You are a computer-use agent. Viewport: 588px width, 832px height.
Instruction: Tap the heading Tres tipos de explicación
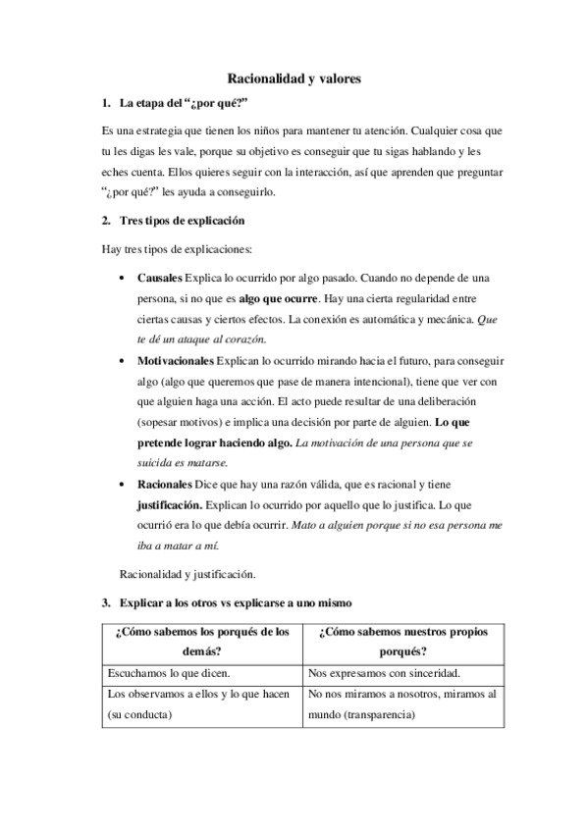tap(182, 221)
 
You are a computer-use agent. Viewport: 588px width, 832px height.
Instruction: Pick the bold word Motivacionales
tap(175, 361)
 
